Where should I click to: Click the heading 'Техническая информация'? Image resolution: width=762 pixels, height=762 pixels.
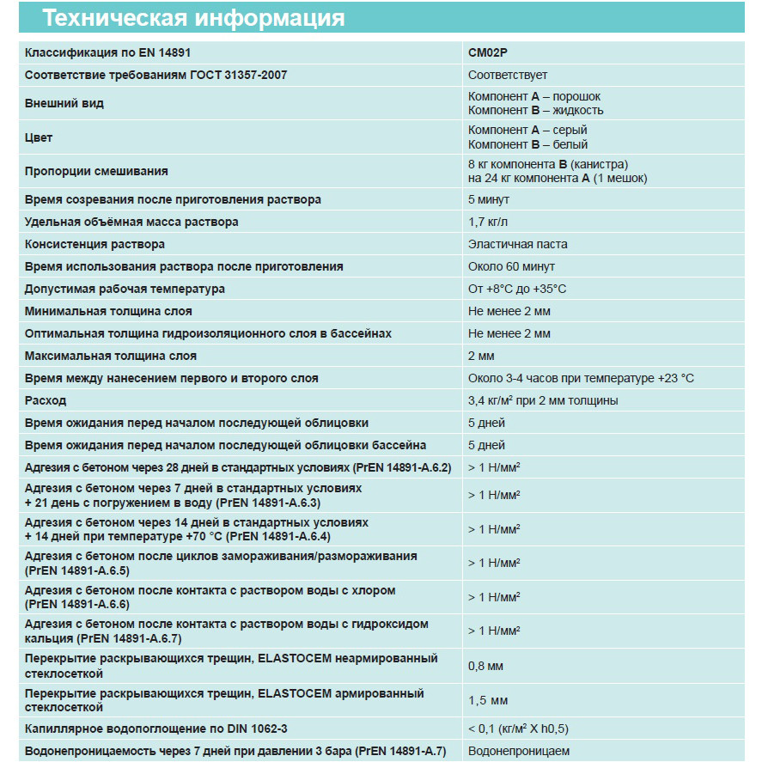tap(194, 17)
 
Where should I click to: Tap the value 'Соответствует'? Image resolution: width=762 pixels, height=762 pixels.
tap(508, 76)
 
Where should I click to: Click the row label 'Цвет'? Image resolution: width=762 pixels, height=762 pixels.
tap(39, 137)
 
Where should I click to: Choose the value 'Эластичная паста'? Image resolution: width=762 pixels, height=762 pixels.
tap(518, 244)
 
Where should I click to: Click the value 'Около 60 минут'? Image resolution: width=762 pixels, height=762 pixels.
tap(511, 266)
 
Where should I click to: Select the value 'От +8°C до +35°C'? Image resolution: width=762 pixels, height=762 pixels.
tap(517, 289)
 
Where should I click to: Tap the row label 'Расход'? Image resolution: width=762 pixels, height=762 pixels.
tap(46, 400)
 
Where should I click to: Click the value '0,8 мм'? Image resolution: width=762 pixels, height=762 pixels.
tap(486, 666)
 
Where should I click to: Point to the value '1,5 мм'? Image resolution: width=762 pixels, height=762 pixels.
tap(487, 700)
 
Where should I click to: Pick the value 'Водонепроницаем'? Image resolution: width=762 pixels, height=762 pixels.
tap(519, 751)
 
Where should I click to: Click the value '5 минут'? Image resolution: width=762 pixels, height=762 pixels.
tap(489, 199)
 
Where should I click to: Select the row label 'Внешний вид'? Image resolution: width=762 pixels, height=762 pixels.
tap(64, 103)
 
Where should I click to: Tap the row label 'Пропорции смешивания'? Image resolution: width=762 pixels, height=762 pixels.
tap(96, 171)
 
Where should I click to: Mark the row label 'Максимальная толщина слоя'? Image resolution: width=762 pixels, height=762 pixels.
tap(111, 356)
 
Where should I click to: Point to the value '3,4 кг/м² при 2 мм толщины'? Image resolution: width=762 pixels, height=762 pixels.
tap(543, 400)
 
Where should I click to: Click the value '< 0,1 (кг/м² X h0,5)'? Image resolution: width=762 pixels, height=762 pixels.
tap(518, 728)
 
